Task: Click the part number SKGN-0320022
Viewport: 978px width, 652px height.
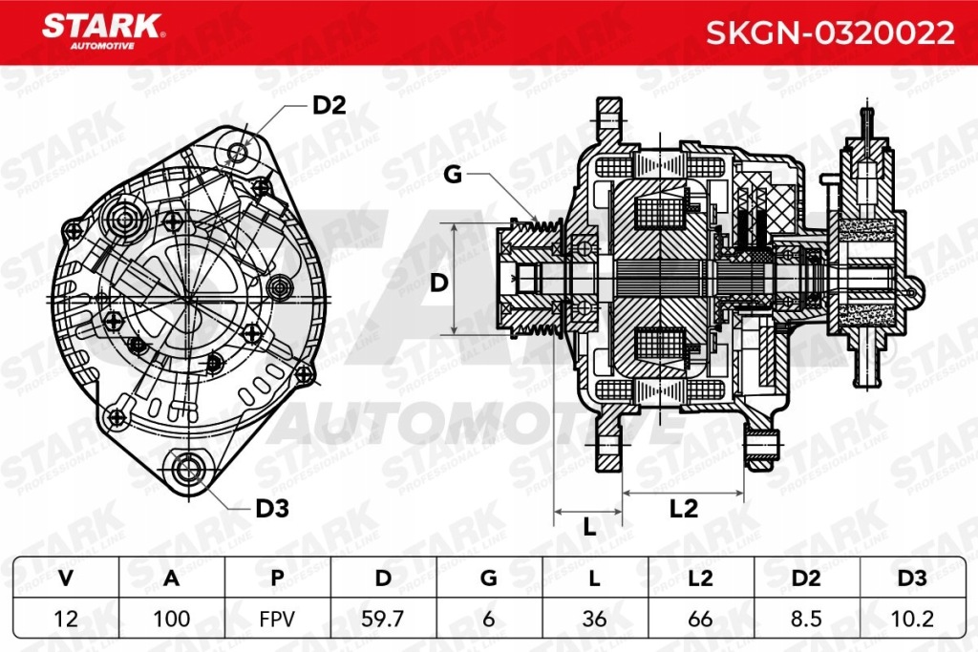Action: pyautogui.click(x=829, y=32)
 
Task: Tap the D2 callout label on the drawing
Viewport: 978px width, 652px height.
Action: pyautogui.click(x=329, y=106)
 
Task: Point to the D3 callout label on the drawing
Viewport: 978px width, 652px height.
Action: pyautogui.click(x=272, y=509)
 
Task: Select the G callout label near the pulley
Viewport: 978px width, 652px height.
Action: pyautogui.click(x=452, y=174)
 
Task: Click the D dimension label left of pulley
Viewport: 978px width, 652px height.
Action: pyautogui.click(x=438, y=282)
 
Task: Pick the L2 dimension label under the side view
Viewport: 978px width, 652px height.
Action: pyautogui.click(x=684, y=509)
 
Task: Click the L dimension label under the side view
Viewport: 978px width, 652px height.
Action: pyautogui.click(x=589, y=526)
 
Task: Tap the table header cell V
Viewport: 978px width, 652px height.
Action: pyautogui.click(x=65, y=578)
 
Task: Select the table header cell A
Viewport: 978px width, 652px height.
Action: pyautogui.click(x=171, y=578)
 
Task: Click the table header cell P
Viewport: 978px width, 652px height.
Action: pyautogui.click(x=277, y=578)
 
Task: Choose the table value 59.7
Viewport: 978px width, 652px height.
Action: pyautogui.click(x=383, y=619)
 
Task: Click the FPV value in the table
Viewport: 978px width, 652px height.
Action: pyautogui.click(x=277, y=619)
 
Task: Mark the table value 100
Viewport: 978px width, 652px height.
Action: pyautogui.click(x=171, y=619)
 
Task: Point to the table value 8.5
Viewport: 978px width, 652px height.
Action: pyautogui.click(x=807, y=619)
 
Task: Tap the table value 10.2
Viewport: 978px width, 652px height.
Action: pyautogui.click(x=913, y=619)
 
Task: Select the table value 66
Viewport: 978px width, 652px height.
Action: pyautogui.click(x=701, y=619)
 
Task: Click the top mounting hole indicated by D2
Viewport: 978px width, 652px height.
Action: pyautogui.click(x=237, y=151)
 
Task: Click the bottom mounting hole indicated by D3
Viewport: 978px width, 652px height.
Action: pyautogui.click(x=186, y=468)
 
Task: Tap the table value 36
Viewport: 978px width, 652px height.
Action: pyautogui.click(x=595, y=619)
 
